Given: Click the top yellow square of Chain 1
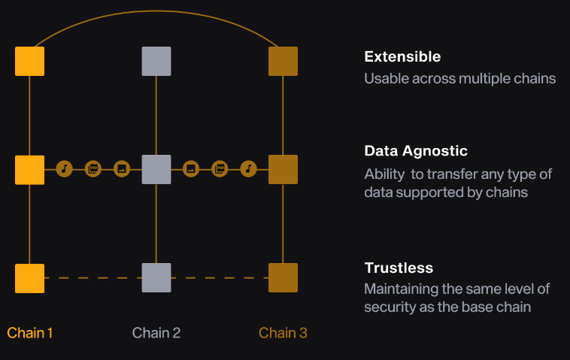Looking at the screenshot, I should (29, 61).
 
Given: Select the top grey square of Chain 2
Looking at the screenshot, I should (156, 61).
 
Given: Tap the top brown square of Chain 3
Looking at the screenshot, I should (283, 61).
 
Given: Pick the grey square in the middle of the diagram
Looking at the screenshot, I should (156, 169).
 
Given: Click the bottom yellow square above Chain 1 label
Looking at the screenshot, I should (29, 277).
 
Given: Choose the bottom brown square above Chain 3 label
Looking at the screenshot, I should (283, 277).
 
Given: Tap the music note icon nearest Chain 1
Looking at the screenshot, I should (64, 169).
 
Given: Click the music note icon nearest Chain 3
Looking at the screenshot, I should (249, 169).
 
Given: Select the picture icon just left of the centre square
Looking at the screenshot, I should (122, 169).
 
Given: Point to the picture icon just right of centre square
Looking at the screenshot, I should (191, 169).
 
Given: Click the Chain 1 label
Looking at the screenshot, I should (30, 332).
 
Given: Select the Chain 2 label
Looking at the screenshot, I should (156, 332).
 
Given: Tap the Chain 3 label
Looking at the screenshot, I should (283, 332).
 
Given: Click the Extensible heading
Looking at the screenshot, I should (402, 57).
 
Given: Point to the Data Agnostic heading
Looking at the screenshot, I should (416, 151).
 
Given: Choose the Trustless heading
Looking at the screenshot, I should (399, 268).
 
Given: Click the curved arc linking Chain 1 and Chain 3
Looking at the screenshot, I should (156, 11).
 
